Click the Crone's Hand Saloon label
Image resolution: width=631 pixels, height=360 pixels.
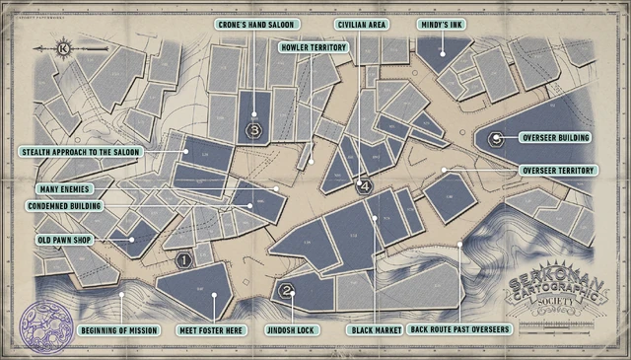(256, 24)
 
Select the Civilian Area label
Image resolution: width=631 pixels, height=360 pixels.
(361, 24)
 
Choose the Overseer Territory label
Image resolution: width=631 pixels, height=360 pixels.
(558, 170)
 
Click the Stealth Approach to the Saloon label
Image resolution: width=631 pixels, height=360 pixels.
(81, 152)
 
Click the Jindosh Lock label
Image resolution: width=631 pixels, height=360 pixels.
(293, 328)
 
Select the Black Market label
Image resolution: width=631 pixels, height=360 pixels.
(375, 328)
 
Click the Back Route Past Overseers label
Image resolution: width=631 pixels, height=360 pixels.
(459, 328)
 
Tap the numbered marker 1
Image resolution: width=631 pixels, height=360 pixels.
(183, 261)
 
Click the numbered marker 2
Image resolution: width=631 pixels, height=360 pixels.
(286, 291)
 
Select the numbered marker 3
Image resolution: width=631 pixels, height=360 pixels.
(254, 129)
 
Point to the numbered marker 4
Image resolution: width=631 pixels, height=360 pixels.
(365, 185)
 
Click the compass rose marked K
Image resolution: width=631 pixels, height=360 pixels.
(64, 46)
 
